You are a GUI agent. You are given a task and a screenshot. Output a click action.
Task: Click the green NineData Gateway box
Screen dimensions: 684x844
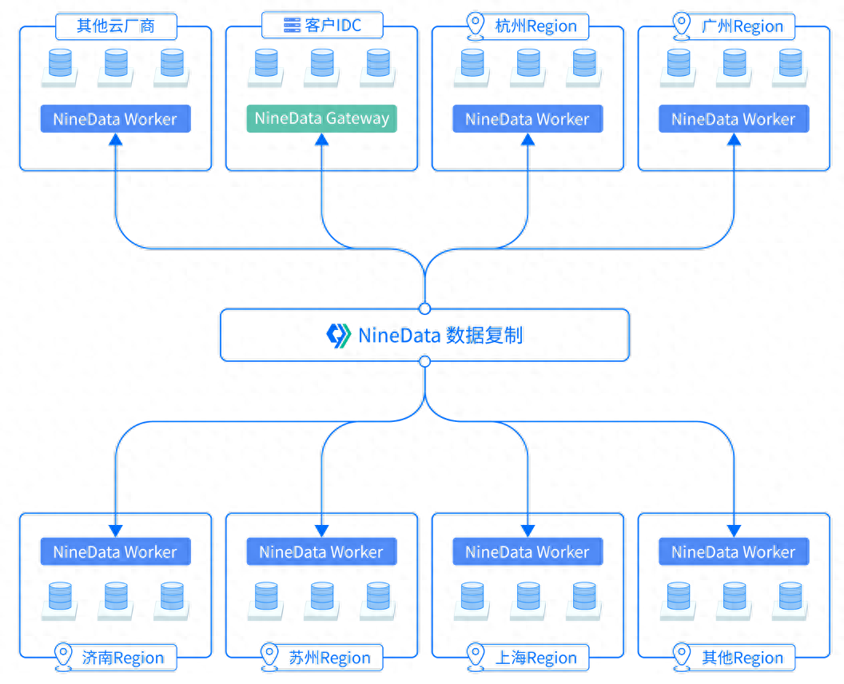pyautogui.click(x=321, y=119)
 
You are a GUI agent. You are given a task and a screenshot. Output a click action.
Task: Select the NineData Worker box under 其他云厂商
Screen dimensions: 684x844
pyautogui.click(x=115, y=119)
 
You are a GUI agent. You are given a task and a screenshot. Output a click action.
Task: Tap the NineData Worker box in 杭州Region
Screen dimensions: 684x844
pyautogui.click(x=527, y=119)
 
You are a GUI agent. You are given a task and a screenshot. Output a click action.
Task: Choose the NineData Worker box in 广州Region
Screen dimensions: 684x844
pyautogui.click(x=734, y=119)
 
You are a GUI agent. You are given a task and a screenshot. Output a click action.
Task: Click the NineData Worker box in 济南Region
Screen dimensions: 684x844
pyautogui.click(x=115, y=551)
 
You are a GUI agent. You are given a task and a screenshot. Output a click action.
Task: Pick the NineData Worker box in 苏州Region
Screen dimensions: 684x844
pyautogui.click(x=321, y=551)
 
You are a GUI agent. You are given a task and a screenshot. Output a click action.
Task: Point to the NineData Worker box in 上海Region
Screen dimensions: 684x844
pyautogui.click(x=527, y=551)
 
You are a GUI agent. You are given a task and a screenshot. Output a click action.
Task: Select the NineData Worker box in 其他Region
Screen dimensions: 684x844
pyautogui.click(x=734, y=551)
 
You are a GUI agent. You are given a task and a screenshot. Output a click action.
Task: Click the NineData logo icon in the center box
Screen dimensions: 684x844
pyautogui.click(x=339, y=335)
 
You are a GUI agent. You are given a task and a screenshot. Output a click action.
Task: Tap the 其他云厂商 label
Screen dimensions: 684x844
pyautogui.click(x=116, y=26)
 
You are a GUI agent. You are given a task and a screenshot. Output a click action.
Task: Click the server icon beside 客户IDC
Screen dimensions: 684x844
pyautogui.click(x=292, y=26)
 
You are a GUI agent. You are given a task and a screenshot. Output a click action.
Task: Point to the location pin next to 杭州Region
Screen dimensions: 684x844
pyautogui.click(x=477, y=25)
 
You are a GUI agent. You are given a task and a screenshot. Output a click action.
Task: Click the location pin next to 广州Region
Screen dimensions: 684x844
pyautogui.click(x=682, y=25)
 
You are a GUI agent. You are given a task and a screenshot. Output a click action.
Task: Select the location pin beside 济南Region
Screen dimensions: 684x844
pyautogui.click(x=64, y=657)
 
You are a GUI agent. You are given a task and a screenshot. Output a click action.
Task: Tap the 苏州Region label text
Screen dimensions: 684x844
pyautogui.click(x=330, y=658)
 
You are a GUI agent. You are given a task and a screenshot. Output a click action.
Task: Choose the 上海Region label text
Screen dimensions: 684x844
pyautogui.click(x=536, y=658)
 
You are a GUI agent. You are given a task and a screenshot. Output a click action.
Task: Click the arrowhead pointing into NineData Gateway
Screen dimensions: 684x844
pyautogui.click(x=321, y=140)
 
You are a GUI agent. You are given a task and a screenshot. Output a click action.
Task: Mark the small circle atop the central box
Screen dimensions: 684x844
pyautogui.click(x=424, y=308)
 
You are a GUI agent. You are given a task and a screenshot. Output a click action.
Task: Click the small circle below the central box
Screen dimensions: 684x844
pyautogui.click(x=424, y=361)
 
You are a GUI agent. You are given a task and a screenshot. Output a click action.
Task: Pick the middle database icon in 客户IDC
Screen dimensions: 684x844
pyautogui.click(x=321, y=64)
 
